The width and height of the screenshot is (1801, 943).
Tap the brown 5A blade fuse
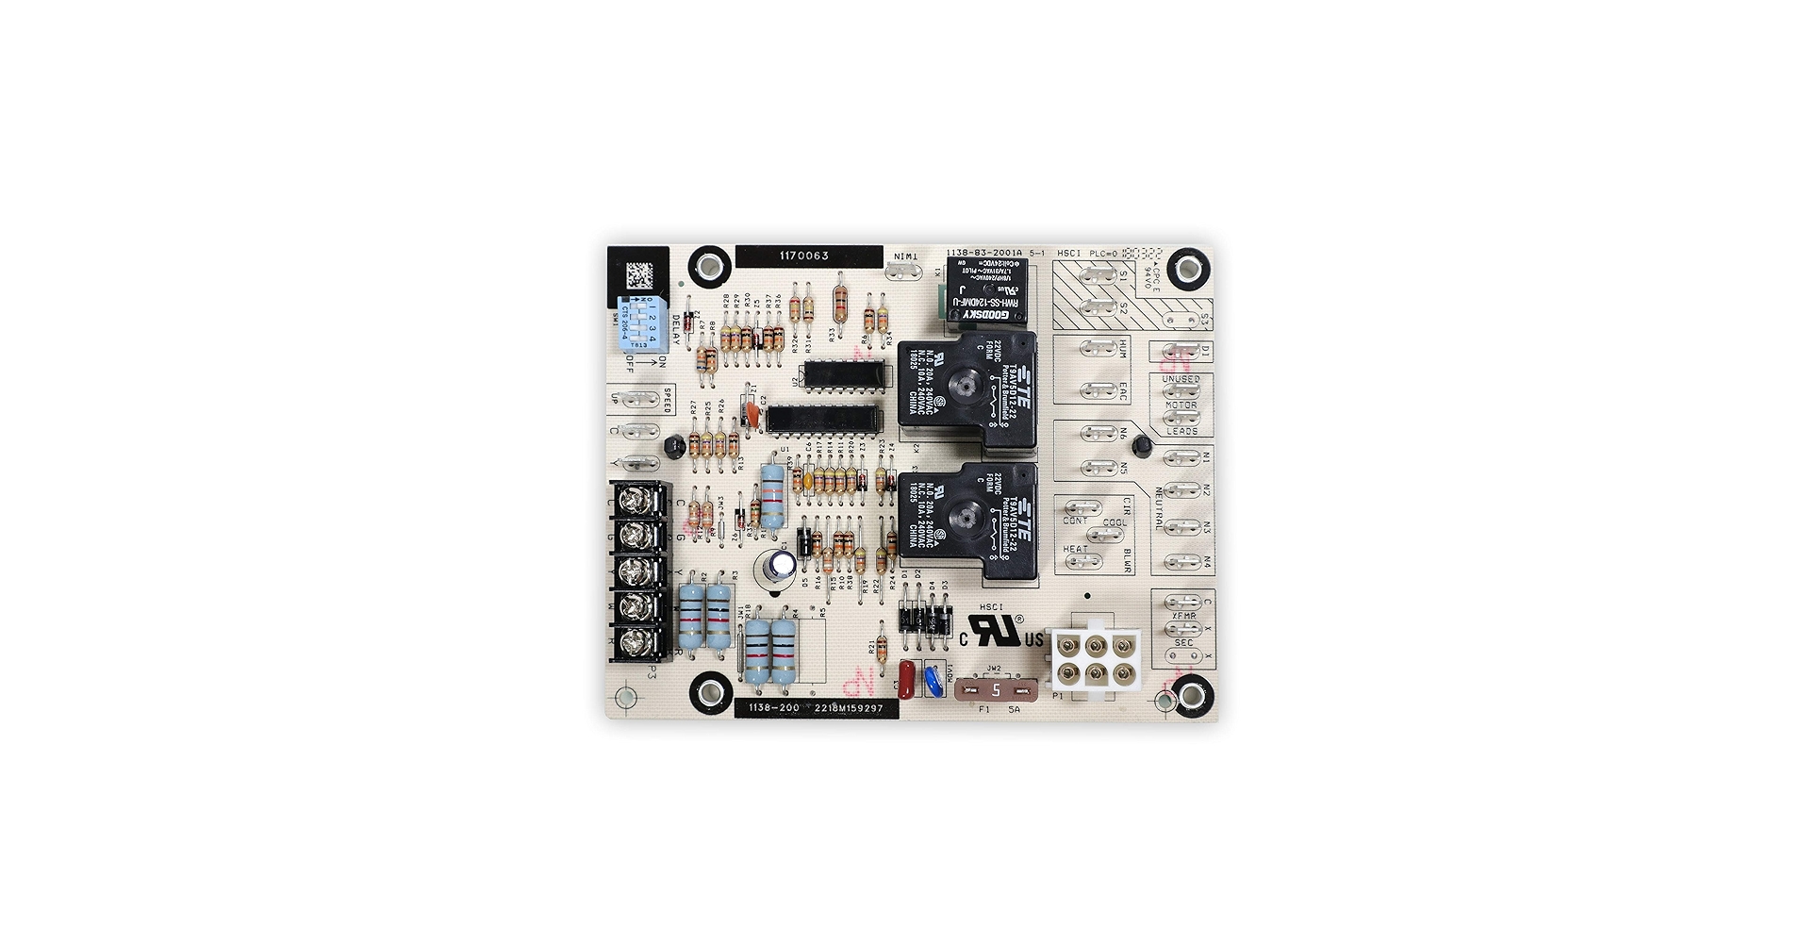(x=995, y=688)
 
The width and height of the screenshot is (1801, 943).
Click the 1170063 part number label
(x=803, y=256)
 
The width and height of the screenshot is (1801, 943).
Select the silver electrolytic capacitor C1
(x=781, y=566)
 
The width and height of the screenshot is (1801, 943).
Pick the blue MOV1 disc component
(x=934, y=679)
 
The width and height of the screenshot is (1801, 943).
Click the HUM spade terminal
(x=1096, y=350)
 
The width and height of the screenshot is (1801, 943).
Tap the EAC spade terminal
(x=1096, y=390)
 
